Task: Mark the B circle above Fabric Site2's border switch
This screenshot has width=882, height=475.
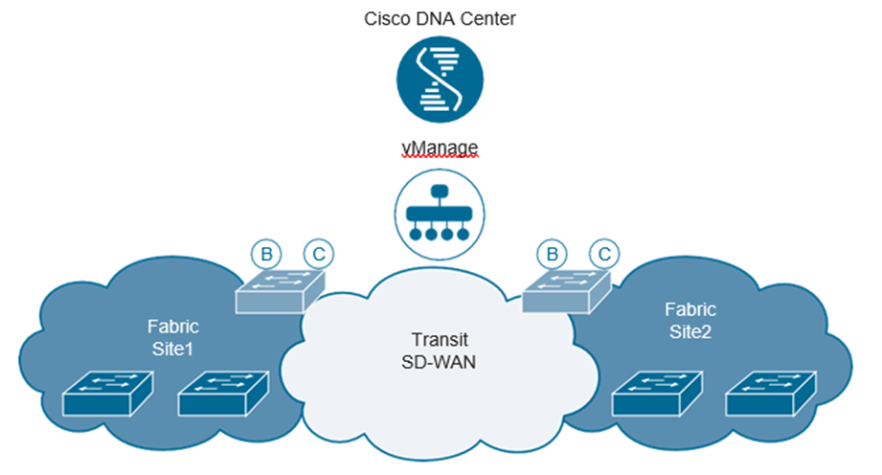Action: tap(551, 255)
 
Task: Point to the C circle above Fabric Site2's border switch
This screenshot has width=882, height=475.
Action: tap(603, 255)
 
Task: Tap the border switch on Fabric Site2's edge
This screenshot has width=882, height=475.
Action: tap(565, 290)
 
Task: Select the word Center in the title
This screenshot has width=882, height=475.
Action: tap(488, 18)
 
